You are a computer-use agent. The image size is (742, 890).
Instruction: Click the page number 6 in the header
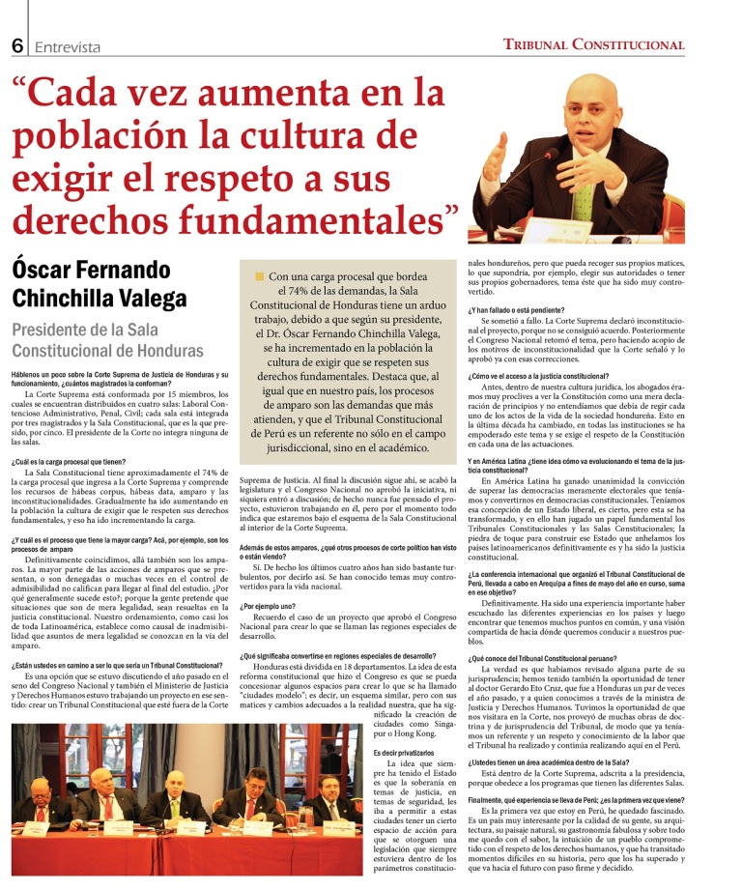tap(17, 45)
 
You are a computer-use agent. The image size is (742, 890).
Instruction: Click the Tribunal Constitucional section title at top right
tap(607, 44)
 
